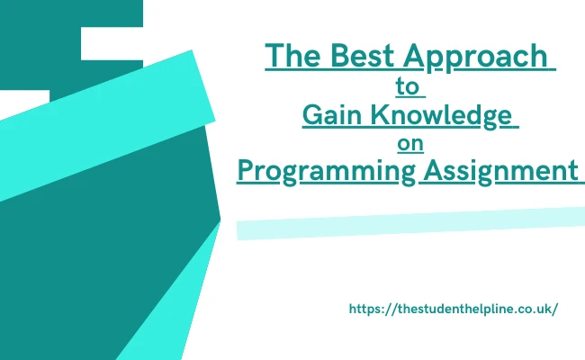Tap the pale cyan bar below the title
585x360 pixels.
[x=410, y=223]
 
